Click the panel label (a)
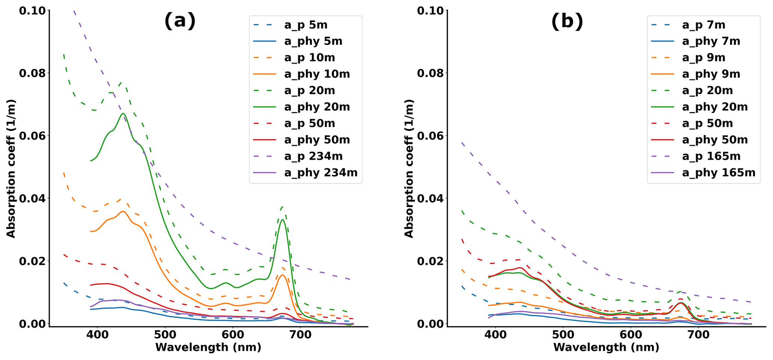pos(180,21)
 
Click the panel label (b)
pos(567,21)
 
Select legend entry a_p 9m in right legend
pos(703,58)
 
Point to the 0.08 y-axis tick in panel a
pos(34,73)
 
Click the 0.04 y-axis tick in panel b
pos(432,198)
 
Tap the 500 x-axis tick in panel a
pos(165,335)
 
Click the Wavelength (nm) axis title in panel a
pos(208,348)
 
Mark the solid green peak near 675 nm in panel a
pos(283,220)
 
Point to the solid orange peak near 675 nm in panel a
pos(282,275)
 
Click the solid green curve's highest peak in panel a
pos(123,113)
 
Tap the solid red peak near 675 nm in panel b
pos(681,303)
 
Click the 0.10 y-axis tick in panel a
pos(34,11)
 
